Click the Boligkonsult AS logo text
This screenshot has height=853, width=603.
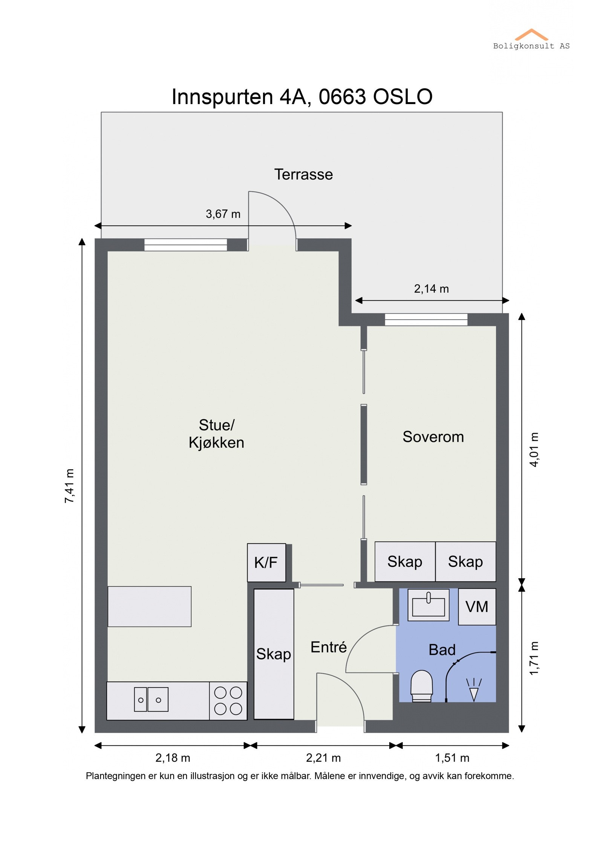(531, 46)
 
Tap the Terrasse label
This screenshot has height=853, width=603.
(303, 175)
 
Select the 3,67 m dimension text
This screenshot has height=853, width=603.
(223, 214)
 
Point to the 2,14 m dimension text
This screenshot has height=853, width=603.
(432, 289)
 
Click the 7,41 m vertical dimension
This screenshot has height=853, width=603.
(70, 486)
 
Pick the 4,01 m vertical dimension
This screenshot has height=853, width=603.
(534, 450)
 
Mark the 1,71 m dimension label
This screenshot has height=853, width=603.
(534, 658)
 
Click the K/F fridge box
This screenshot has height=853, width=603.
(266, 563)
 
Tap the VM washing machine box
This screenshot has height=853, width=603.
(477, 607)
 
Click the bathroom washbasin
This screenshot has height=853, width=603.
(429, 605)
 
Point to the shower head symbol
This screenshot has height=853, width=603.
(474, 690)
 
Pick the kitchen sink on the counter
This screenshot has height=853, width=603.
(151, 700)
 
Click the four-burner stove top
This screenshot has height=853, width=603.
(228, 701)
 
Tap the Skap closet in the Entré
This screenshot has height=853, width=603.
(274, 654)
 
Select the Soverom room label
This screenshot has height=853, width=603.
(433, 437)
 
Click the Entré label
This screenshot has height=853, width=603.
(329, 647)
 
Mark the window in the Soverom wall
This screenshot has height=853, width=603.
(426, 320)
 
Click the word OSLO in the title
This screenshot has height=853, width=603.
(403, 97)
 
